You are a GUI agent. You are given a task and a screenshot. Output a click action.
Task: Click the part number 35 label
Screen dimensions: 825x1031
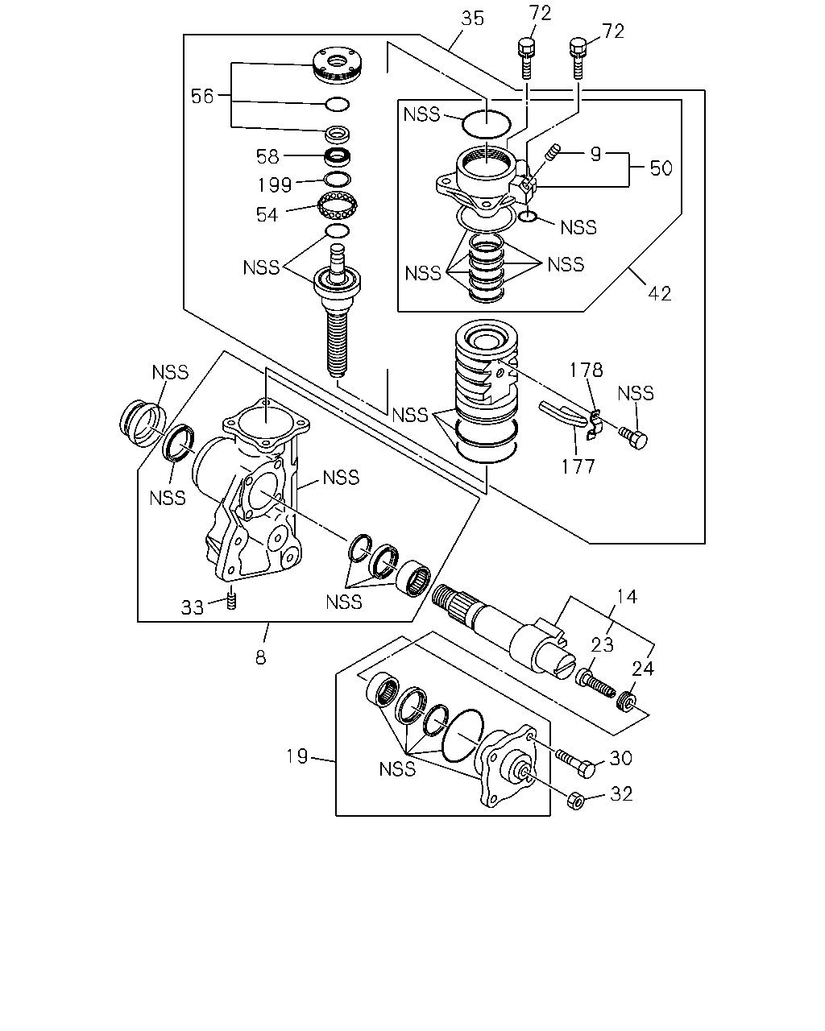pos(472,19)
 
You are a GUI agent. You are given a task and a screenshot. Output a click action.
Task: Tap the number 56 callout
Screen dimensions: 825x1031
pos(201,97)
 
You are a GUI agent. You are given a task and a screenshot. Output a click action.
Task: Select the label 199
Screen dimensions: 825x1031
pos(275,185)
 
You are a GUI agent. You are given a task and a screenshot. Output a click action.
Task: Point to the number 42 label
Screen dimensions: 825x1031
pos(660,293)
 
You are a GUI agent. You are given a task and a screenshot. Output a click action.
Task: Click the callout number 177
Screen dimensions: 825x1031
pos(578,466)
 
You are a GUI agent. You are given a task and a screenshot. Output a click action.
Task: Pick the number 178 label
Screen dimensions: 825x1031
pos(587,370)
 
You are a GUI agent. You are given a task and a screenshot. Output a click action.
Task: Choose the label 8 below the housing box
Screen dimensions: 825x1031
pos(260,658)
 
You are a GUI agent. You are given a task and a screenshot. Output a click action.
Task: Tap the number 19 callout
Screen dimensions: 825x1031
pos(297,756)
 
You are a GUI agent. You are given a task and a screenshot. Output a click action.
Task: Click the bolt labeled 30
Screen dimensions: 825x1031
pos(576,764)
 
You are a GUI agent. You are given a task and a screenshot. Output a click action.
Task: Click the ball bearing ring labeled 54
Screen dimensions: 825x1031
pos(338,205)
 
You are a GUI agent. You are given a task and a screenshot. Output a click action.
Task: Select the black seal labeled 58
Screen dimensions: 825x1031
pos(338,155)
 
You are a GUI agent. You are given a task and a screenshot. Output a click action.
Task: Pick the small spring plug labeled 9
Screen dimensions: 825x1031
pos(553,152)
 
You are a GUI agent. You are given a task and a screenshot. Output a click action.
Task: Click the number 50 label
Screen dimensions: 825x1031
pos(661,168)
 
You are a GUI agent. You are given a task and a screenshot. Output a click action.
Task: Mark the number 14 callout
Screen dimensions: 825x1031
pos(627,597)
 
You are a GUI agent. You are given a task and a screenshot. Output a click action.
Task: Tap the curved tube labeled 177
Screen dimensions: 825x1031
pos(563,413)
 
